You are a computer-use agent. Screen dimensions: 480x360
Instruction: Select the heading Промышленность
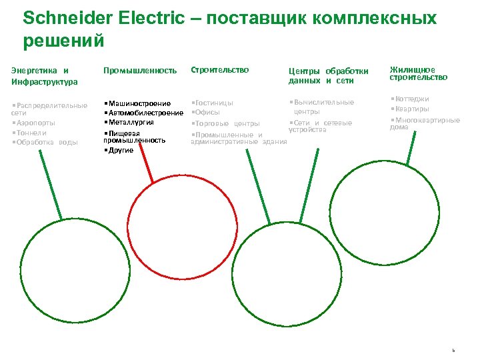140,70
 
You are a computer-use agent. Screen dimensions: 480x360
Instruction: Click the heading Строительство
220,69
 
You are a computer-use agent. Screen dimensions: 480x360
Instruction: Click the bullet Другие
120,150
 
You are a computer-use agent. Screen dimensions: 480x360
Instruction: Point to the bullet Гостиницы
213,103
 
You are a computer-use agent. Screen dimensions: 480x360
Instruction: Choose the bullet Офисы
207,113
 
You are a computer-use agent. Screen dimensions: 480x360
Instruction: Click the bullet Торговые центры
227,123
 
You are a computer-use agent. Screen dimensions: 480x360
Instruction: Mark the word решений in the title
64,41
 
